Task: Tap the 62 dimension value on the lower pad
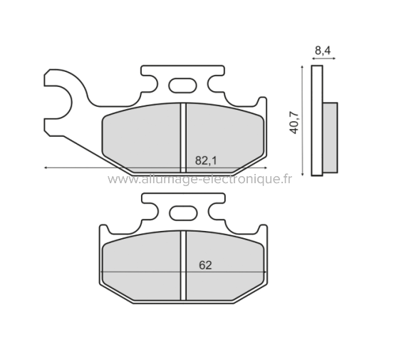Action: coord(205,265)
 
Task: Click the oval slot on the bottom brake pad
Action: coord(184,213)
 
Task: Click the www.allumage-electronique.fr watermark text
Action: coord(200,179)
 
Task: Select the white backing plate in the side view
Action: coord(318,121)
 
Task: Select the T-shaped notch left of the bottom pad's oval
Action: coord(151,209)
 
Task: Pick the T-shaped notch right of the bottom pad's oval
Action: coord(215,209)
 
